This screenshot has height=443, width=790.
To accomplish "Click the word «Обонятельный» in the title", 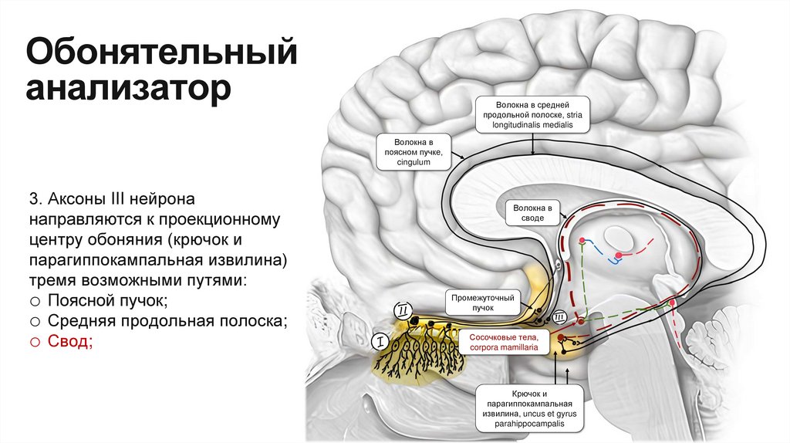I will tap(161, 55).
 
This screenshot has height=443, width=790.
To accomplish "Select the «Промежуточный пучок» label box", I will tap(484, 302).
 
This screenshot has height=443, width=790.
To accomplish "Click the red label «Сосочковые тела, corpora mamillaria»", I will tap(502, 343).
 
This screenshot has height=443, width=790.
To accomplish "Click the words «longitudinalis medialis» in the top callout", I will tap(533, 124).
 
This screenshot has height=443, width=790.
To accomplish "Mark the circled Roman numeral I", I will tap(379, 340).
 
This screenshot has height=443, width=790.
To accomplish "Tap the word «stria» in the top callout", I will tap(572, 113).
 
